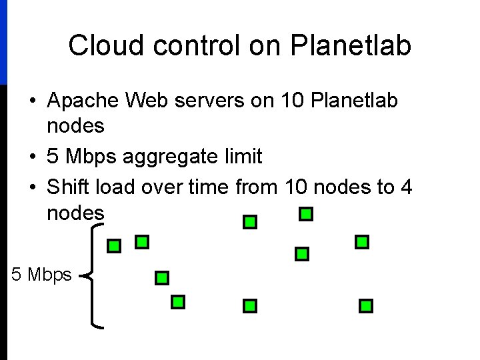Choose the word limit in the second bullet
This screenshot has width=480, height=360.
[x=244, y=157]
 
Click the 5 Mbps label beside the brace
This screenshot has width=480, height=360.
[x=41, y=274]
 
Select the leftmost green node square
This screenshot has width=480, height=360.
[x=115, y=246]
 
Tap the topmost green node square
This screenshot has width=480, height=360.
[x=306, y=214]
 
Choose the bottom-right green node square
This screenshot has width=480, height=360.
[x=366, y=306]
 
